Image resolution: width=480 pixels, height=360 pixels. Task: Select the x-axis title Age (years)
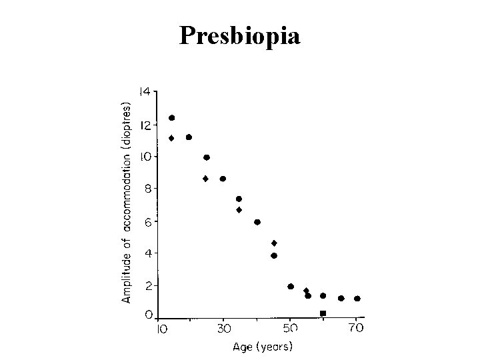[262, 347]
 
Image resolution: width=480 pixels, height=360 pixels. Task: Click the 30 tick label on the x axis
[225, 329]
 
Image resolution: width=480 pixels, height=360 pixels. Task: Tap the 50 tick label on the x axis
[290, 329]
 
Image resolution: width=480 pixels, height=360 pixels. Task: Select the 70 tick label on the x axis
[355, 329]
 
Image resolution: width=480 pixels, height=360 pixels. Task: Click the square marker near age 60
[323, 313]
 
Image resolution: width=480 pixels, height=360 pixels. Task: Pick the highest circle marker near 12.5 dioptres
[172, 118]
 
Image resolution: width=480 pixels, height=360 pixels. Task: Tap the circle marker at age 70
[357, 299]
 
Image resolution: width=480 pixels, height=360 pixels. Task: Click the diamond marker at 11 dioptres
[172, 138]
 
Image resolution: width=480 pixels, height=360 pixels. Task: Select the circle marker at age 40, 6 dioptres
[257, 222]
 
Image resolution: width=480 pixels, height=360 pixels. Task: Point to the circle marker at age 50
[291, 287]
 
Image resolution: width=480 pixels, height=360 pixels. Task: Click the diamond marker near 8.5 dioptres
[205, 179]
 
